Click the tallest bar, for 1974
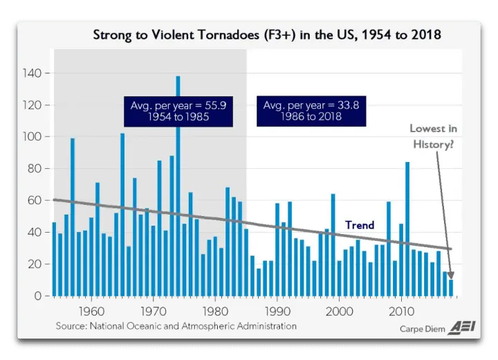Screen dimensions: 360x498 [x=178, y=187]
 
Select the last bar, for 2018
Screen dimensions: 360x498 [x=451, y=287]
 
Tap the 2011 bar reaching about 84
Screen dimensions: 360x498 [x=407, y=228]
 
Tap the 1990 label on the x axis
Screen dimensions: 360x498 [x=277, y=310]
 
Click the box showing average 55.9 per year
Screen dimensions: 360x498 [x=169, y=111]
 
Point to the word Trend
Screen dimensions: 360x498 [x=360, y=225]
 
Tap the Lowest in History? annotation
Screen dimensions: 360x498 [x=433, y=137]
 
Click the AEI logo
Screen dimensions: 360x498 [x=461, y=327]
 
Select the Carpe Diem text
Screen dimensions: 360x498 [x=422, y=329]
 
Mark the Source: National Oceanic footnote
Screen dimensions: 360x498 [x=176, y=325]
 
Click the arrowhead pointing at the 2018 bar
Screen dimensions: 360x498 [x=451, y=274]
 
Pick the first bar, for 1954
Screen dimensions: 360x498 [x=54, y=259]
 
